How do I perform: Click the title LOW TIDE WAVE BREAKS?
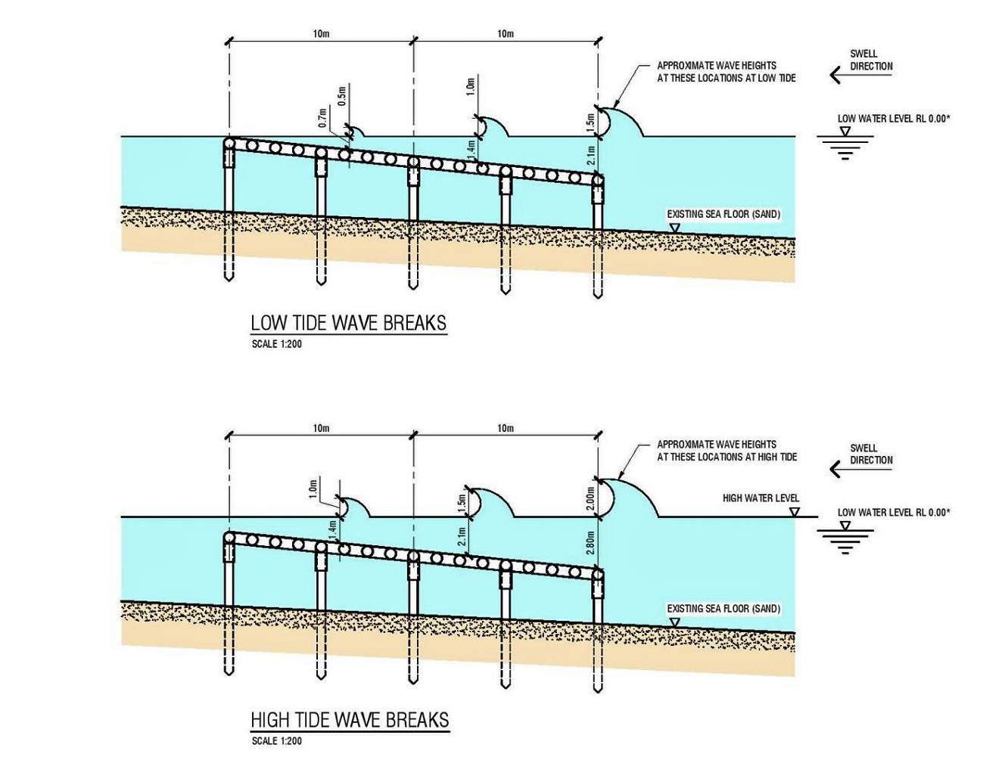click(348, 323)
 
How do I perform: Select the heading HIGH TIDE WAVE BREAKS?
click(350, 719)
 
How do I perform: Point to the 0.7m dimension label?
click(323, 118)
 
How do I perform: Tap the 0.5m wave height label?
click(342, 95)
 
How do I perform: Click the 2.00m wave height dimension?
click(590, 498)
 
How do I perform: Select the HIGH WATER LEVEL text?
click(760, 498)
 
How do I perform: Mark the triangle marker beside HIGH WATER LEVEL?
click(795, 512)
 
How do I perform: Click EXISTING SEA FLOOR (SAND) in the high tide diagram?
click(723, 608)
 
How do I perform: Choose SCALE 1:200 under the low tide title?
click(276, 344)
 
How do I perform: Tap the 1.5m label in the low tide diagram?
click(590, 121)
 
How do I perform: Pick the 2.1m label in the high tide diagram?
click(462, 538)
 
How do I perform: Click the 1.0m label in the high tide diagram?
click(313, 489)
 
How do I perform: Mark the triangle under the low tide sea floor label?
click(674, 227)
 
